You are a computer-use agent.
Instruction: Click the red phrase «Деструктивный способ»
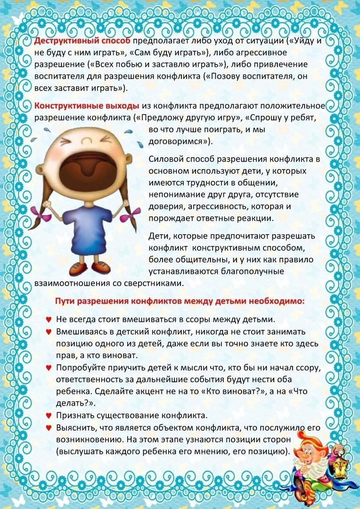[x=82, y=40]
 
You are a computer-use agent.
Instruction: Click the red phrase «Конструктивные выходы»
[x=86, y=105]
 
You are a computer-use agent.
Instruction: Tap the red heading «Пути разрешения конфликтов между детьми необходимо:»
[x=180, y=301]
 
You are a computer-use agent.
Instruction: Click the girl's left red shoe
[x=77, y=269]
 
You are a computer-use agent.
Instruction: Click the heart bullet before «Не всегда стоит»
[x=48, y=319]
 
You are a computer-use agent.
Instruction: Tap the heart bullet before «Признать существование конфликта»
[x=48, y=416]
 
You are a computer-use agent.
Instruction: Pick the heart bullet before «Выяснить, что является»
[x=48, y=427]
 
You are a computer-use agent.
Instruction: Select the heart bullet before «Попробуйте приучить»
[x=48, y=367]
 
